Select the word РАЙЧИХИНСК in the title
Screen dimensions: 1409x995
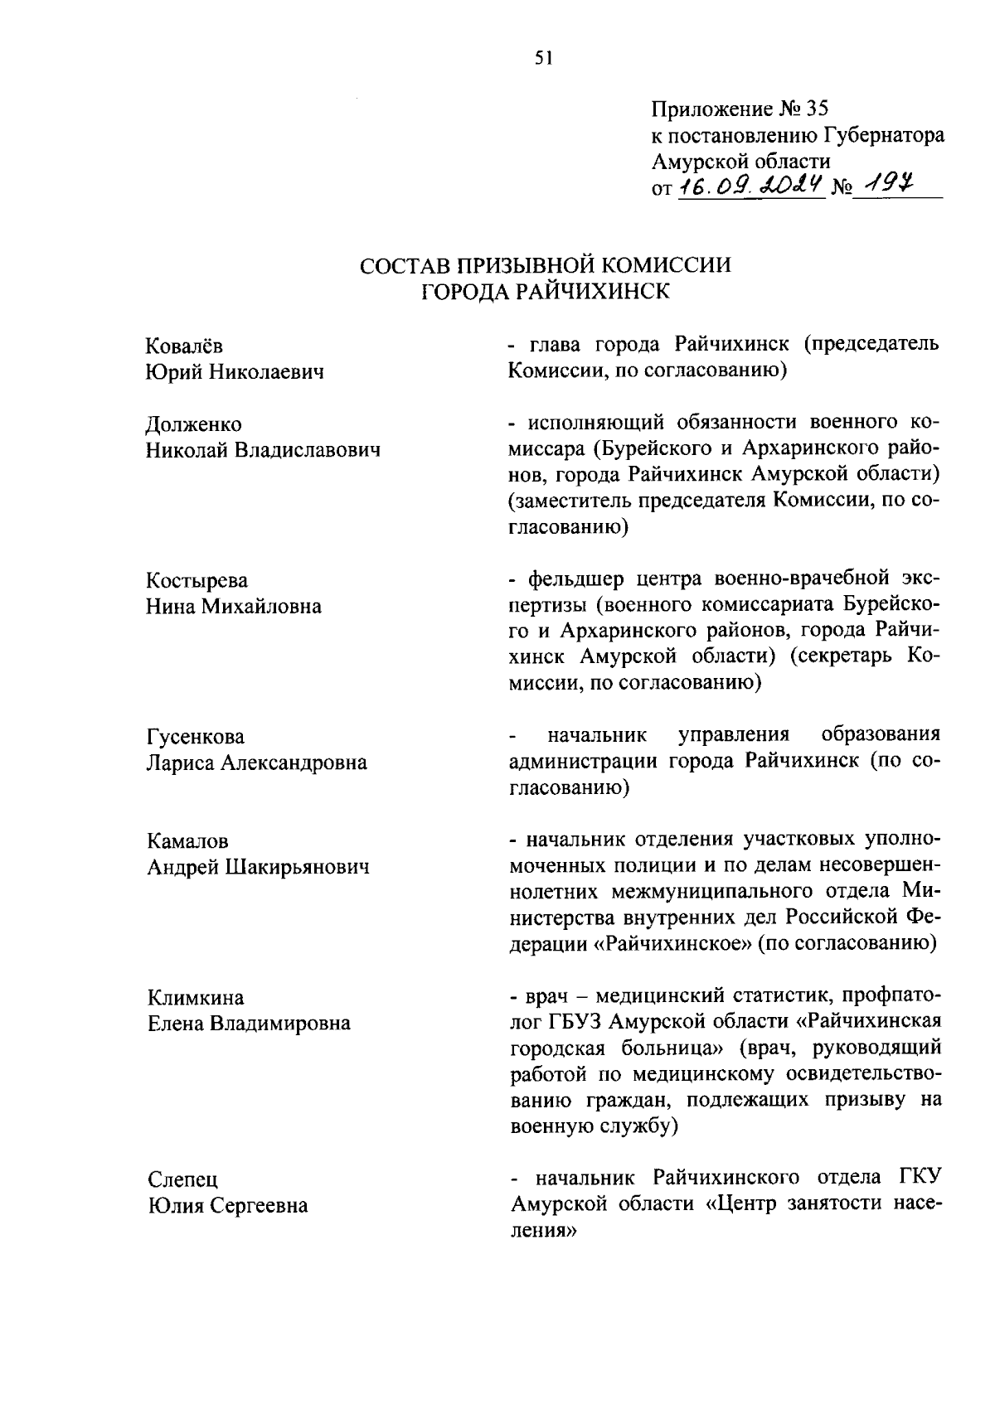[x=595, y=291]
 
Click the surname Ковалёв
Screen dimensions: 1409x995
[x=184, y=345]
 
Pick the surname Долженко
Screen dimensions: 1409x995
[x=194, y=424]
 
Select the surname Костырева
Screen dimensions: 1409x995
[x=197, y=580]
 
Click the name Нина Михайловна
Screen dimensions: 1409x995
[x=234, y=606]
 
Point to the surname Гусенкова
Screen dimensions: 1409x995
[x=196, y=736]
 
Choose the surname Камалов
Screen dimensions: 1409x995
[x=187, y=841]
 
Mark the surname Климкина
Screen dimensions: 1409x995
[x=196, y=997]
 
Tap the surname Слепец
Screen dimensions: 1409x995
[x=182, y=1179]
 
